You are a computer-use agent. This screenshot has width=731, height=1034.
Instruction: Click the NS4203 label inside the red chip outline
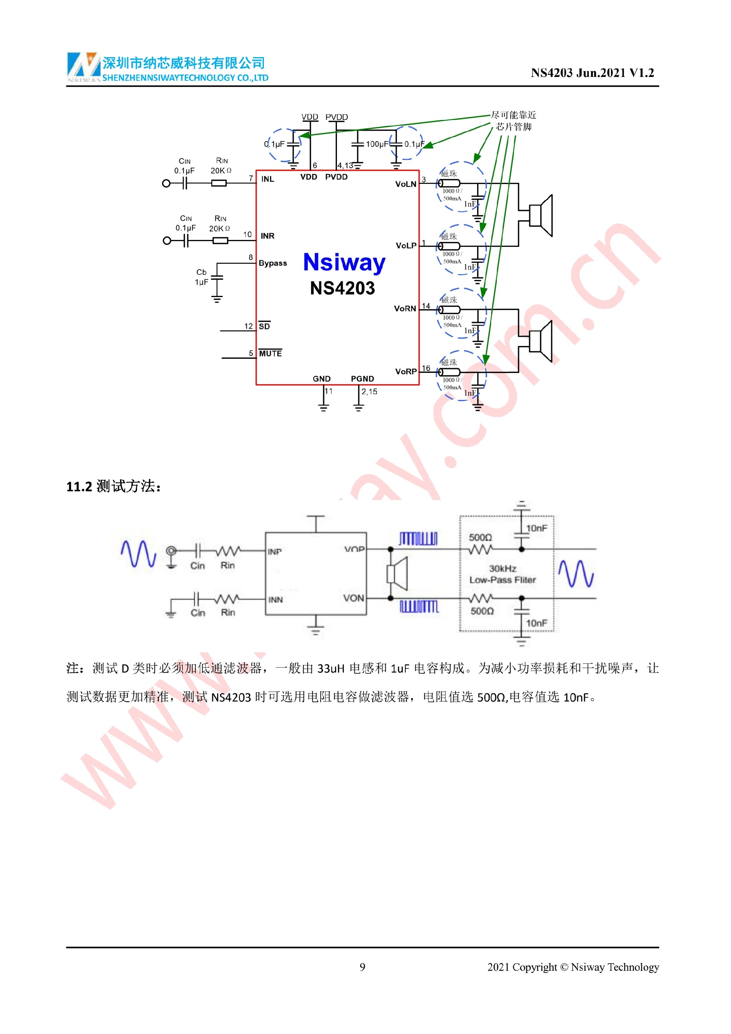coord(342,288)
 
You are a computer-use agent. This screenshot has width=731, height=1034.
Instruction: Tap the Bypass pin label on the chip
coord(272,263)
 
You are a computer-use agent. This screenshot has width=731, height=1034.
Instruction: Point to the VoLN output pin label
coord(405,184)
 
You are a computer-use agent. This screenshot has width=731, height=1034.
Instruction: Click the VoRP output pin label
coord(405,372)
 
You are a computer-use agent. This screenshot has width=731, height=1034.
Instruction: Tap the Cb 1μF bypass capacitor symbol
coord(217,279)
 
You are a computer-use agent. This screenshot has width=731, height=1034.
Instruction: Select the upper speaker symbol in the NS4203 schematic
coord(540,215)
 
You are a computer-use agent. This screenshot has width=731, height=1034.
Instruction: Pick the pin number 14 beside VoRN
coord(426,306)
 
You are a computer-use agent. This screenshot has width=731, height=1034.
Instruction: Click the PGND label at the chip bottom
coord(362,379)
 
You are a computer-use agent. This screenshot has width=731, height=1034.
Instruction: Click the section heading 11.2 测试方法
coord(113,486)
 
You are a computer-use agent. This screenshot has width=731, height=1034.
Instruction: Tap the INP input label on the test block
coord(275,552)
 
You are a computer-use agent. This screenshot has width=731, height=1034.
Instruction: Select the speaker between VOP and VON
coord(397,574)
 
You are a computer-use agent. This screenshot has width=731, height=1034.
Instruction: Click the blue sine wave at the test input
coord(138,553)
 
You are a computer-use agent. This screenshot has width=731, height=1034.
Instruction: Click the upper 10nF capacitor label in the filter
coord(536,528)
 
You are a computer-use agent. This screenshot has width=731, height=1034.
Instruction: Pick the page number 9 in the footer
coord(362,967)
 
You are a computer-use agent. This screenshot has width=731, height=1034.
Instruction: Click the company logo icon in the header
coord(84,66)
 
